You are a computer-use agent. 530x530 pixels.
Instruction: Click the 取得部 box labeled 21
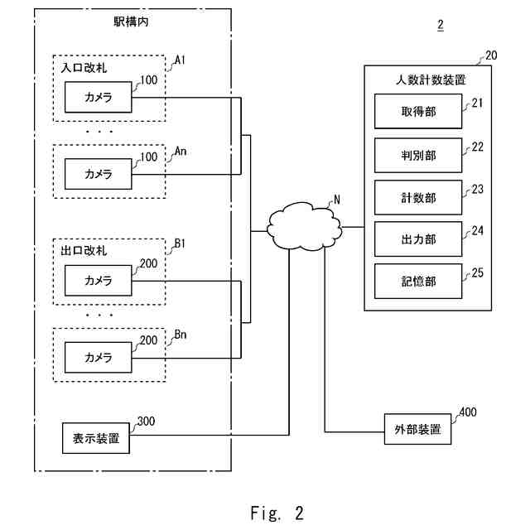pyautogui.click(x=417, y=112)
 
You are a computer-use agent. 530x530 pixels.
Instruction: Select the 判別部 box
pyautogui.click(x=417, y=155)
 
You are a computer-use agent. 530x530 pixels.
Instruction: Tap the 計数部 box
pyautogui.click(x=417, y=198)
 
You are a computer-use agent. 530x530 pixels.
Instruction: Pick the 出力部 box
pyautogui.click(x=417, y=239)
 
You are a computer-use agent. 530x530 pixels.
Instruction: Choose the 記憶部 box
pyautogui.click(x=417, y=282)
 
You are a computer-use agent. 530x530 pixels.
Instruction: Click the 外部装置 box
pyautogui.click(x=417, y=430)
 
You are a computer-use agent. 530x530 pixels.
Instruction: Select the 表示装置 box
pyautogui.click(x=96, y=438)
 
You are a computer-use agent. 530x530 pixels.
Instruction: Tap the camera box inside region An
pyautogui.click(x=98, y=174)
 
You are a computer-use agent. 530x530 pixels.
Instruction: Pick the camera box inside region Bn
pyautogui.click(x=98, y=357)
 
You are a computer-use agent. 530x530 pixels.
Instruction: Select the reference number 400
pyautogui.click(x=468, y=412)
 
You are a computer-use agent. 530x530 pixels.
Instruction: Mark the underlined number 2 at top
pyautogui.click(x=440, y=24)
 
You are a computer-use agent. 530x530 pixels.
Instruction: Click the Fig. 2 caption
pyautogui.click(x=276, y=513)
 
